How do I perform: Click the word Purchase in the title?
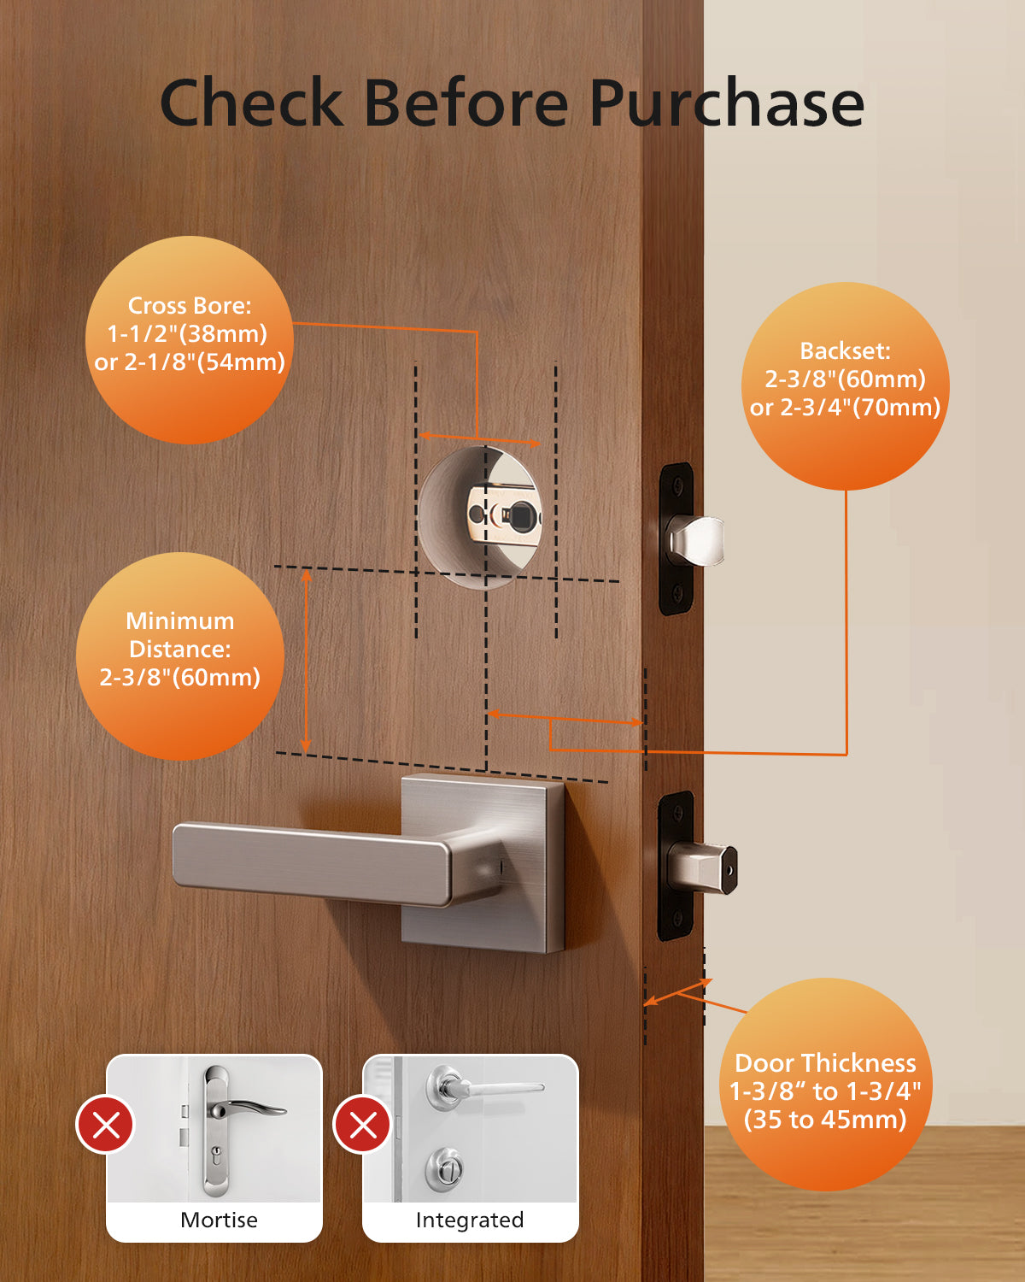coord(726,104)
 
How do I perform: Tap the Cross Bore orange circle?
coord(189,339)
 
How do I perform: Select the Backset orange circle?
coord(845,386)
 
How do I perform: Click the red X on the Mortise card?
coord(106,1125)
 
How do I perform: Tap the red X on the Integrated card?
coord(363,1125)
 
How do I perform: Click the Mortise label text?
coord(219,1220)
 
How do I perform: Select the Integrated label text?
coord(469,1220)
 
